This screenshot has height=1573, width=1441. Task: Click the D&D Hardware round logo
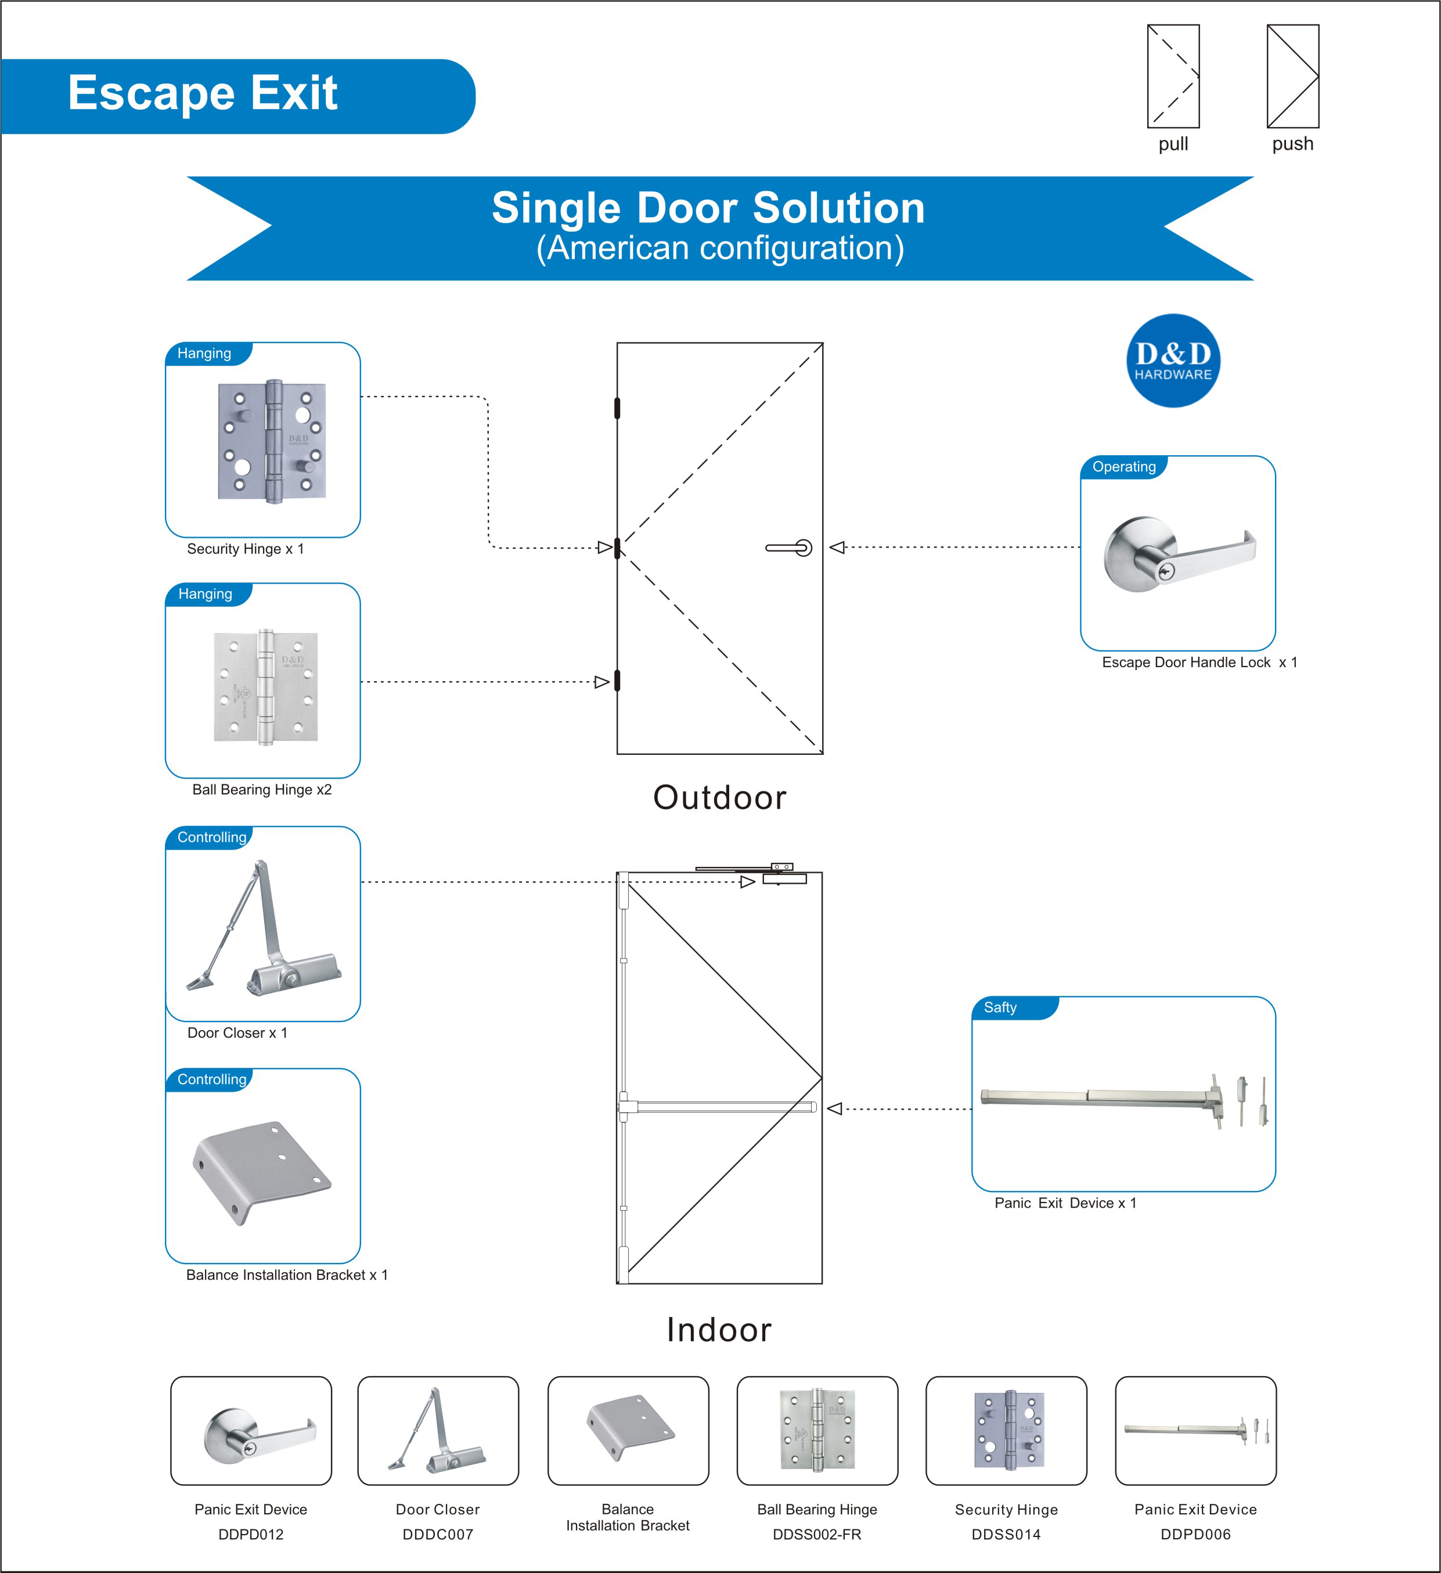[x=1173, y=361]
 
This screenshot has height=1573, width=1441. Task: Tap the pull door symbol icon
[x=1173, y=77]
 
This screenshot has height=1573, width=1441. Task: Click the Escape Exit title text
[x=203, y=93]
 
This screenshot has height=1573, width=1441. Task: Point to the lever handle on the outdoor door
[x=790, y=548]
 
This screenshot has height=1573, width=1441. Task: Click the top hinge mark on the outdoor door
[x=617, y=408]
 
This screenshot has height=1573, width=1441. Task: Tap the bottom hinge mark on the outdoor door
[x=617, y=681]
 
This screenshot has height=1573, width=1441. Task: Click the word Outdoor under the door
[x=719, y=797]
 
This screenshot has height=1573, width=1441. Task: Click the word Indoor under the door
[x=719, y=1330]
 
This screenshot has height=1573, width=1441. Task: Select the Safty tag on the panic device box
[x=1000, y=1007]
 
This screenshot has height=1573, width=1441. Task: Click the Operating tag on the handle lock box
[x=1123, y=467]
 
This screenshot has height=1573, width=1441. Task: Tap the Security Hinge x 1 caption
[x=245, y=549]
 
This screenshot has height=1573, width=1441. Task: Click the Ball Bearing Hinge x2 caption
[x=261, y=790]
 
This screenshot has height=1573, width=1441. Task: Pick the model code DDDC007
[x=438, y=1534]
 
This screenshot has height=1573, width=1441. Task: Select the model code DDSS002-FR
[x=817, y=1534]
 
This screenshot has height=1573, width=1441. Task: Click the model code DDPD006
[x=1195, y=1534]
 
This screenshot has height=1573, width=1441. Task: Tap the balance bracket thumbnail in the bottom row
[x=628, y=1430]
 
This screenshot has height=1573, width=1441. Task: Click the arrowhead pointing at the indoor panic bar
[x=835, y=1108]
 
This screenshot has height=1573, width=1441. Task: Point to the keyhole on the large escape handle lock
[x=1166, y=571]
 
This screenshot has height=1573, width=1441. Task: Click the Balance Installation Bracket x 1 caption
[x=286, y=1275]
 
